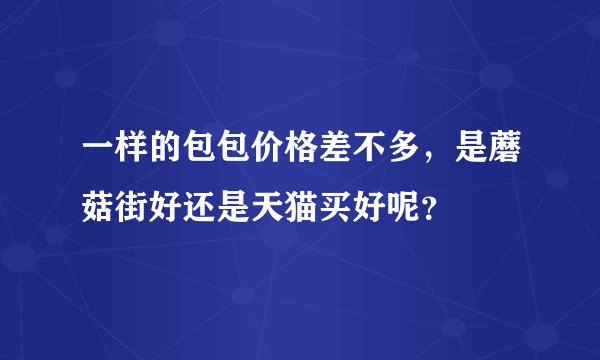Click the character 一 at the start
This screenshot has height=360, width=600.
click(83, 151)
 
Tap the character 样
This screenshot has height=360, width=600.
click(117, 151)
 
